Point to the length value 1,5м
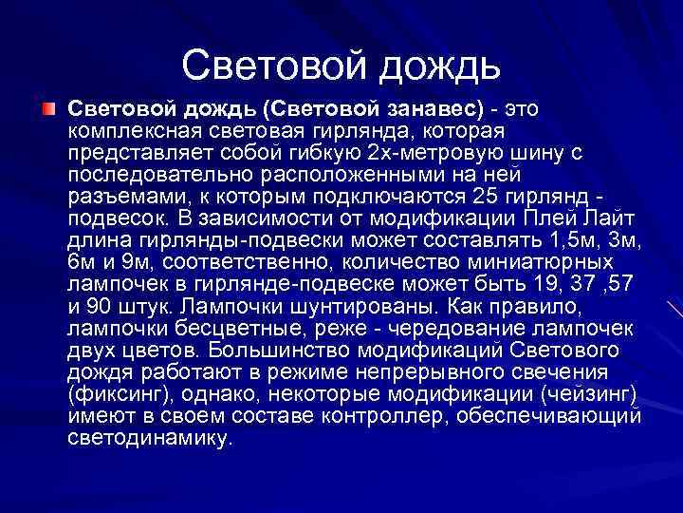click(572, 240)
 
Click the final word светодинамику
click(148, 440)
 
